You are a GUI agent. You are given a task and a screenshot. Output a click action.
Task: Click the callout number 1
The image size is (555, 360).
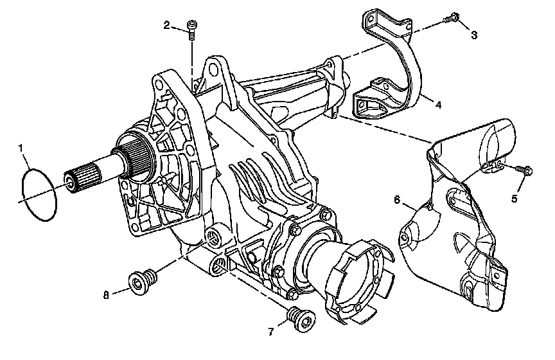coord(21,148)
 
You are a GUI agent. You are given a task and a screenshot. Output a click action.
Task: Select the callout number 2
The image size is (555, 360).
coord(166,25)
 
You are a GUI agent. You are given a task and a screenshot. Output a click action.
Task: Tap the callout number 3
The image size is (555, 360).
coord(474,35)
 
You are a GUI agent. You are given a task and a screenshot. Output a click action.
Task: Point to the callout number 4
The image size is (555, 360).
coord(438,105)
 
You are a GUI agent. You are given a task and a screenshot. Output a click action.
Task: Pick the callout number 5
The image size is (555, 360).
coord(515,199)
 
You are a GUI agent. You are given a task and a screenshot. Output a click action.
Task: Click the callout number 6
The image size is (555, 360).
coord(397,200)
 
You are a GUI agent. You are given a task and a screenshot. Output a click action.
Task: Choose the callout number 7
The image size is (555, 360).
coord(271,332)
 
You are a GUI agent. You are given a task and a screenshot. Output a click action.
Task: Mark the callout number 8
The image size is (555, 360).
coord(106,295)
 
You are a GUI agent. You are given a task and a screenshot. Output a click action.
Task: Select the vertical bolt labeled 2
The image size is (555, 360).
coord(191,30)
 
